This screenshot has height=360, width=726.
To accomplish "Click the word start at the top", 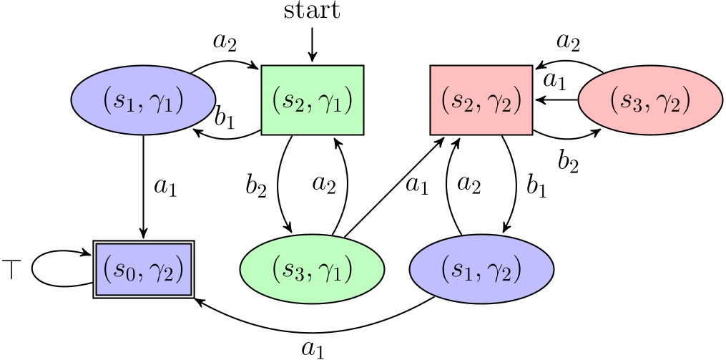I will (312, 12).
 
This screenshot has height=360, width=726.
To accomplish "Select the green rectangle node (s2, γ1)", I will (313, 100).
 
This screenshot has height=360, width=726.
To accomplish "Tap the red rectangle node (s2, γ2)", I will (481, 100).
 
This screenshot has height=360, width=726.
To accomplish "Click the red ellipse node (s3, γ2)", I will (649, 100).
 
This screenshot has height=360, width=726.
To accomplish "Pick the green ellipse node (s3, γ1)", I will (312, 270).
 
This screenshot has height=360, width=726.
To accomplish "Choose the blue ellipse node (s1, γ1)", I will (144, 100).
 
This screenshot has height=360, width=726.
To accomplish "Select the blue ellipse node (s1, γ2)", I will (481, 270).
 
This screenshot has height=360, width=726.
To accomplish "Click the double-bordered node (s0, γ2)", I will (144, 270).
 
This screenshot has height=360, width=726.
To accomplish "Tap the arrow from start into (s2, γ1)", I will (312, 45).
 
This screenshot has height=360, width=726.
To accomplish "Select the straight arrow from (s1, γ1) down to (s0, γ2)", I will (144, 186).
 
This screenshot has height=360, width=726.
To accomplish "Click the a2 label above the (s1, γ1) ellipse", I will (225, 42).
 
